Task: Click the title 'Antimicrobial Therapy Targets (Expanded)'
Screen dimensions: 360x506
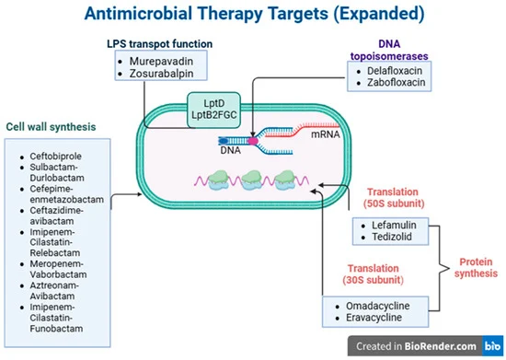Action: click(x=253, y=15)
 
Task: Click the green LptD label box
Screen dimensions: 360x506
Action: click(x=207, y=102)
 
